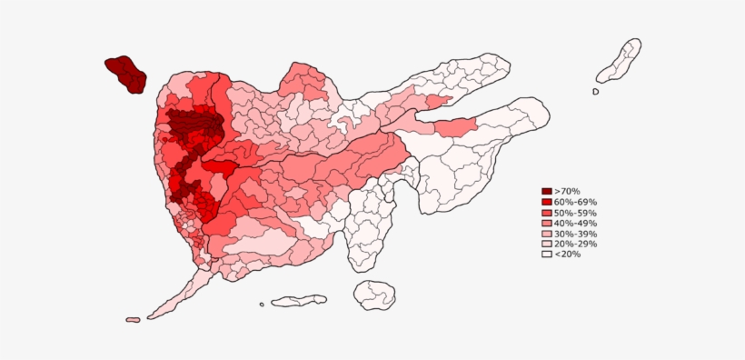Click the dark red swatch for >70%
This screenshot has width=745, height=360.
click(x=547, y=191)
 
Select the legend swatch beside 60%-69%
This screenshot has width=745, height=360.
click(x=547, y=202)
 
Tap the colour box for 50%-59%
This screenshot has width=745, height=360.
click(x=547, y=212)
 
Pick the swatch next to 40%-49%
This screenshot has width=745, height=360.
click(x=547, y=223)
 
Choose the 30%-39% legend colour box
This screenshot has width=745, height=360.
click(x=547, y=234)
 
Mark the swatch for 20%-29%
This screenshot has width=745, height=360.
click(x=547, y=244)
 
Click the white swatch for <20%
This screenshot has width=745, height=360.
click(x=547, y=255)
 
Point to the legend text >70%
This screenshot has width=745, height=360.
click(x=567, y=191)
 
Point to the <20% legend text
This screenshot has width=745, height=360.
click(x=567, y=255)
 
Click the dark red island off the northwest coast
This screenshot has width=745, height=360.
click(x=125, y=74)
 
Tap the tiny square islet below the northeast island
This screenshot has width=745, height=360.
click(x=596, y=91)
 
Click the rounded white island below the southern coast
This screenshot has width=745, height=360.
click(x=374, y=295)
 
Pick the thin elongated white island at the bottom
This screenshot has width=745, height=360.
click(x=299, y=300)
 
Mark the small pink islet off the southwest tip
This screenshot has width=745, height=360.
click(x=133, y=320)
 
